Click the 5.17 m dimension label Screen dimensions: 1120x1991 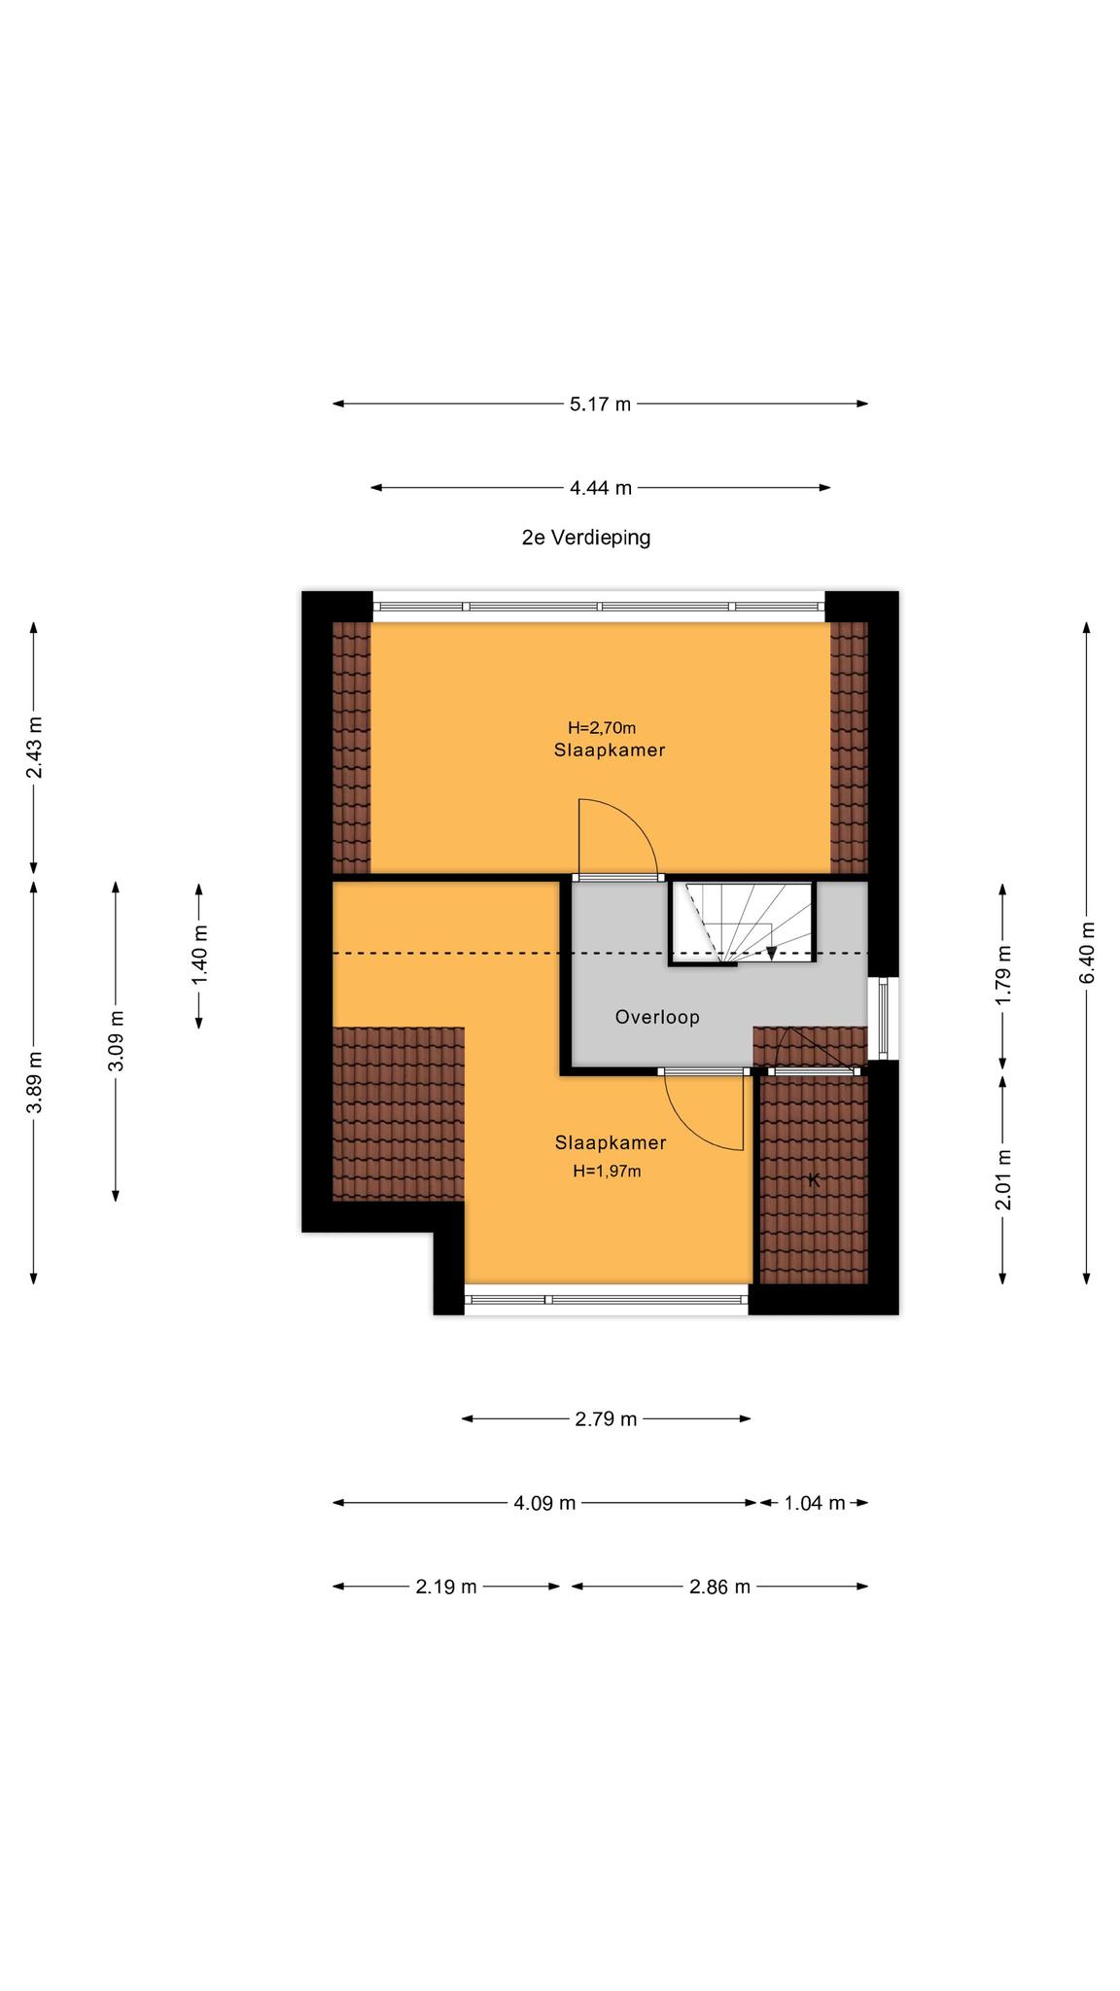click(600, 404)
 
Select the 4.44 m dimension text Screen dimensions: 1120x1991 click(601, 488)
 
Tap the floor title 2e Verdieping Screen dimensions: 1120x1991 click(586, 537)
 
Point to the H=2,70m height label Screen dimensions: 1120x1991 click(602, 727)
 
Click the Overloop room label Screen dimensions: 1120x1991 click(657, 1017)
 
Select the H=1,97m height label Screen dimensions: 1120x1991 click(607, 1171)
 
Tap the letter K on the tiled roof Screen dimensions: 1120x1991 click(814, 1181)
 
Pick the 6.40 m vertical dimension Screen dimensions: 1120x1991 click(1087, 952)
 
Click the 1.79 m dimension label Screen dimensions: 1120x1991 click(1004, 975)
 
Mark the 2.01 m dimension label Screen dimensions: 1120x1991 click(1004, 1179)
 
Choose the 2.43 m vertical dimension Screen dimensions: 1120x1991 click(34, 748)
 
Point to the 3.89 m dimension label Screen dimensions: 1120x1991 click(34, 1083)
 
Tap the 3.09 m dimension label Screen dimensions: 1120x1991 click(116, 1041)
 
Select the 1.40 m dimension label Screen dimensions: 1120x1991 click(199, 953)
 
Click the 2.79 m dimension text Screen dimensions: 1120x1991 click(606, 1419)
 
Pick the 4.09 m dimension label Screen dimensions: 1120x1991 click(544, 1503)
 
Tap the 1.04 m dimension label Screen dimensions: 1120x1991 click(815, 1503)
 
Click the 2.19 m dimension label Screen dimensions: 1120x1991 click(446, 1587)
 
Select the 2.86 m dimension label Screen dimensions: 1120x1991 click(719, 1587)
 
